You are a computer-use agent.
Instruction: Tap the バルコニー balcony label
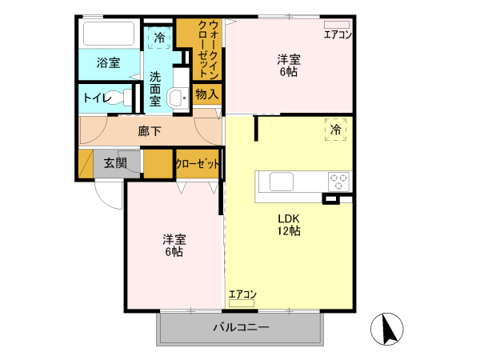point(241,327)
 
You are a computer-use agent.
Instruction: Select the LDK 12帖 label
point(289,225)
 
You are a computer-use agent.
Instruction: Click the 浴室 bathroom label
point(108,62)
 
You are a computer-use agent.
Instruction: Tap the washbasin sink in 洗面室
point(178,97)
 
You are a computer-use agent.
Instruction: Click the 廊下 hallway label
point(150,130)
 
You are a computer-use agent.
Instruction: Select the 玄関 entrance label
point(115,163)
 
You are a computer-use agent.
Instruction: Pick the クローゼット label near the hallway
point(197,163)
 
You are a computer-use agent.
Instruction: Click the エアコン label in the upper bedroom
point(337,34)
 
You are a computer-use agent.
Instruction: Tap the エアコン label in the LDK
point(242,294)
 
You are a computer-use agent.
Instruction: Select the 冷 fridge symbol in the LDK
point(336,129)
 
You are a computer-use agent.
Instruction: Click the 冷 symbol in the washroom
point(159,37)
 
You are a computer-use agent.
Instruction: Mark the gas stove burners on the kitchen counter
point(339,181)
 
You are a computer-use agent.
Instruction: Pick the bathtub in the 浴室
point(110,34)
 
